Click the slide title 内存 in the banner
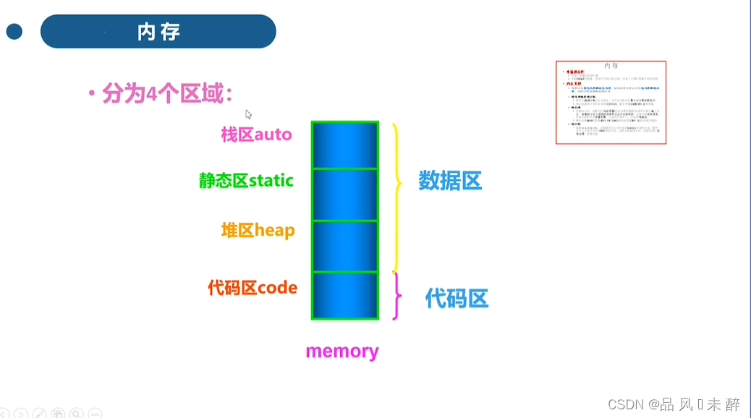pyautogui.click(x=158, y=32)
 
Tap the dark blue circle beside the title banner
pyautogui.click(x=14, y=32)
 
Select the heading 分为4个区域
pyautogui.click(x=167, y=93)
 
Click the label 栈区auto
pyautogui.click(x=256, y=134)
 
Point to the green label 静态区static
pyautogui.click(x=246, y=180)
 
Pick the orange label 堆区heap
pyautogui.click(x=258, y=231)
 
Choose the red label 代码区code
pyautogui.click(x=253, y=288)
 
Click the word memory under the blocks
pyautogui.click(x=341, y=351)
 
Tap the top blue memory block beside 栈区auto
pyautogui.click(x=344, y=145)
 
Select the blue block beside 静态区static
pyautogui.click(x=344, y=195)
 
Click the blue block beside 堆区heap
pyautogui.click(x=344, y=246)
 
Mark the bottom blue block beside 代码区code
pyautogui.click(x=344, y=295)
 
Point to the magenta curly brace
pyautogui.click(x=396, y=296)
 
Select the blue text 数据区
pyautogui.click(x=450, y=181)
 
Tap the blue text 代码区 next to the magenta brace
pyautogui.click(x=457, y=298)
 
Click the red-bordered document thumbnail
pyautogui.click(x=611, y=102)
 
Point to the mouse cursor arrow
pyautogui.click(x=248, y=114)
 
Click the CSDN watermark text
pyautogui.click(x=673, y=404)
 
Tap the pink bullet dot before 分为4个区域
pyautogui.click(x=92, y=93)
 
